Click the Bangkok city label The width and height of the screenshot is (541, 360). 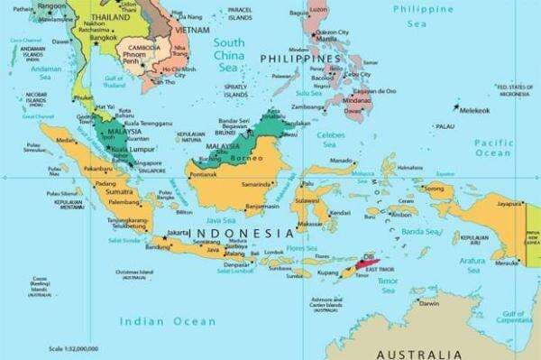103,36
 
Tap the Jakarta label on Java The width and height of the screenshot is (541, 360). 178,231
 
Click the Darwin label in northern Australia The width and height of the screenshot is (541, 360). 429,304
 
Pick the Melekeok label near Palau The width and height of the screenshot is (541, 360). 474,109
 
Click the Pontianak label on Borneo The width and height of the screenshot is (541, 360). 203,174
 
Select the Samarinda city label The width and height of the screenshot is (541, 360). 256,184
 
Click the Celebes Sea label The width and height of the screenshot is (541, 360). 333,136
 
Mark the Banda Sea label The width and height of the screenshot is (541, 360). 419,232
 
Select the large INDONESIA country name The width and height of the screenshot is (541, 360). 244,233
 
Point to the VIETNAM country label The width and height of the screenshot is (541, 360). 192,30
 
